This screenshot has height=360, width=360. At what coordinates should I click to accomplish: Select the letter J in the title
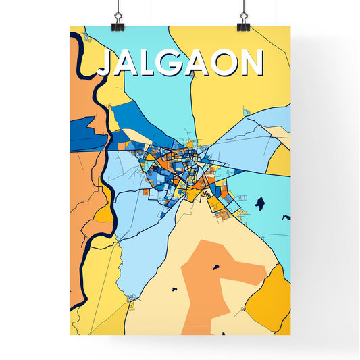(x=107, y=63)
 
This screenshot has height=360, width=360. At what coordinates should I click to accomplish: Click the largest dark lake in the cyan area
(x=260, y=201)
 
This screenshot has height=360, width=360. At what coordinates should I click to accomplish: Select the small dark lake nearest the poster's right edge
(x=286, y=217)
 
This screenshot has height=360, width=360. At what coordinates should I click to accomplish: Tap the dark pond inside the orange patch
(x=216, y=267)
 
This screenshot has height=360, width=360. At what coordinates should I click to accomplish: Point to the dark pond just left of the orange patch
(x=174, y=289)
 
